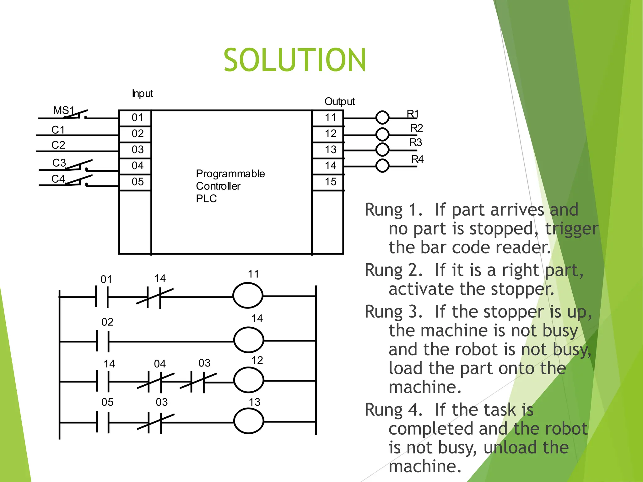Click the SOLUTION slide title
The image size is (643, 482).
tap(294, 60)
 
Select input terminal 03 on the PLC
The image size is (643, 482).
tap(138, 150)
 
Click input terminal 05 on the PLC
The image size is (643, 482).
tap(138, 182)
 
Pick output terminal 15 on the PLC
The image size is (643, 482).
tap(330, 182)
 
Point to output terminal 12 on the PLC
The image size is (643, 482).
tap(330, 134)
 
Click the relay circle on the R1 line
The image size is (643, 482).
tap(382, 118)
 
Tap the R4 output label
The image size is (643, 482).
tap(417, 159)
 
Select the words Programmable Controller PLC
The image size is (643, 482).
tap(230, 186)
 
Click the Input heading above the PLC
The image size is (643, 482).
tap(143, 94)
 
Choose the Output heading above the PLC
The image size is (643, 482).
tap(339, 101)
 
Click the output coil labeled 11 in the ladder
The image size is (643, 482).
tap(248, 296)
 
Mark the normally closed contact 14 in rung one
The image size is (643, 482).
tap(154, 297)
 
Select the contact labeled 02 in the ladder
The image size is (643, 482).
tap(103, 341)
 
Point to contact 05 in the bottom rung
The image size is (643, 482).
tap(103, 422)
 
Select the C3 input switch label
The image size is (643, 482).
tap(59, 163)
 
